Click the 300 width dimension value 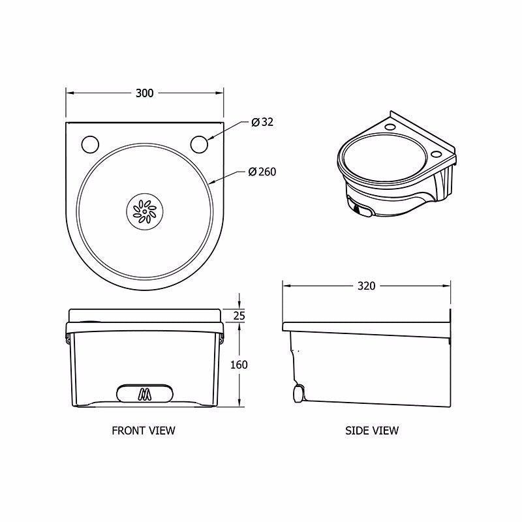click(144, 93)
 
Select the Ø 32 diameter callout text click(262, 122)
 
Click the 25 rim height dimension click(239, 316)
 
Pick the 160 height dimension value click(239, 364)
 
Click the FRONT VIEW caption click(144, 430)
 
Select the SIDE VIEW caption click(371, 430)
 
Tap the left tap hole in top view click(90, 143)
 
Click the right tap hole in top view click(200, 143)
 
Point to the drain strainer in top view click(144, 210)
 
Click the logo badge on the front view click(144, 393)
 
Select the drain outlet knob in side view click(298, 393)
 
